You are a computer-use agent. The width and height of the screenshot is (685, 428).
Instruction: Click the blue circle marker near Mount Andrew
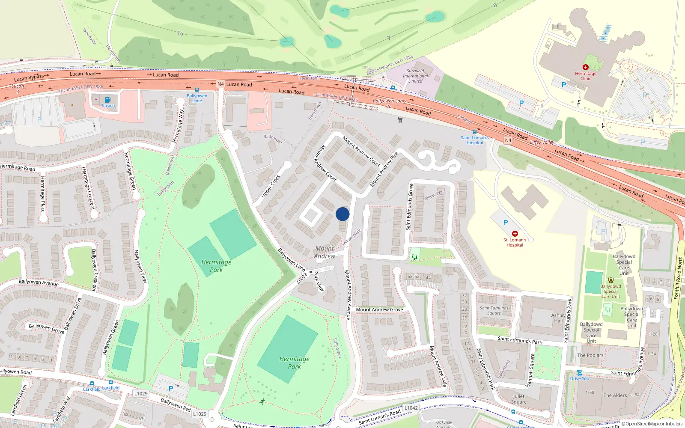342,214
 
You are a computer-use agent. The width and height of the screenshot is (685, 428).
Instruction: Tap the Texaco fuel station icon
107,100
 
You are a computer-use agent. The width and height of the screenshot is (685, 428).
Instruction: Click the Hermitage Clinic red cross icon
585,67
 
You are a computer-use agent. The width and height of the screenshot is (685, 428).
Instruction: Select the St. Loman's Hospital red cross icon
515,234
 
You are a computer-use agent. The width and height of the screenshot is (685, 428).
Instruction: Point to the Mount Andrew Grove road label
379,309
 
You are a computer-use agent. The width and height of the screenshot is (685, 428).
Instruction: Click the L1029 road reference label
141,393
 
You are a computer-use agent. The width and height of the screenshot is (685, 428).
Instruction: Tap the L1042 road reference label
411,408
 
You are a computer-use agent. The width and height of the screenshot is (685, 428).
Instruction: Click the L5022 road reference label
302,278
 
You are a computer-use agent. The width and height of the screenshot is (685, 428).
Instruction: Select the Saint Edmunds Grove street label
411,207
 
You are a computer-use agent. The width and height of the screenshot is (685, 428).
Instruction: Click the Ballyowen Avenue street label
39,282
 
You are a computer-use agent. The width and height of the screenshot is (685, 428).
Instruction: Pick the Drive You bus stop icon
579,373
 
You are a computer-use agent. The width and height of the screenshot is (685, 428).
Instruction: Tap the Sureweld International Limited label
415,76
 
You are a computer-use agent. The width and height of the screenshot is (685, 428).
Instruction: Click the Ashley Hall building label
558,318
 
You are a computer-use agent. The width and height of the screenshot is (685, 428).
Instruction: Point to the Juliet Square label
518,399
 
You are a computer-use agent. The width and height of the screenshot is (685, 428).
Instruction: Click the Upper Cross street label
271,186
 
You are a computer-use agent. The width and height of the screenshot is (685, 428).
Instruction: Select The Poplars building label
590,355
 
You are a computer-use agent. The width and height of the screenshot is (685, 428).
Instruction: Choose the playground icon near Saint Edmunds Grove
414,257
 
